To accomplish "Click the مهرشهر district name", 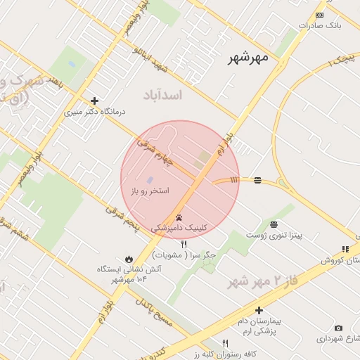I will [x=248, y=59].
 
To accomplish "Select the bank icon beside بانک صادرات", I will [x=320, y=15].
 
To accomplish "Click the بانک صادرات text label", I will [x=319, y=25].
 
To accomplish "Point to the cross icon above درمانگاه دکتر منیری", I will [x=94, y=101].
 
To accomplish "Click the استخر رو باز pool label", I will [x=150, y=191].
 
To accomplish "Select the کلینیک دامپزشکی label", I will [x=180, y=229].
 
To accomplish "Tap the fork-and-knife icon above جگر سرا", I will [x=184, y=244].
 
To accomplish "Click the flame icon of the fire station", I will [x=129, y=259].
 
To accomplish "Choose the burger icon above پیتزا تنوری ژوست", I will [x=274, y=224].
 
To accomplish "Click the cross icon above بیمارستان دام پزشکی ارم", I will [x=259, y=310].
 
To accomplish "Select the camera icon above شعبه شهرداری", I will [x=338, y=328].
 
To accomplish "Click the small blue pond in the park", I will [x=72, y=65].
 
